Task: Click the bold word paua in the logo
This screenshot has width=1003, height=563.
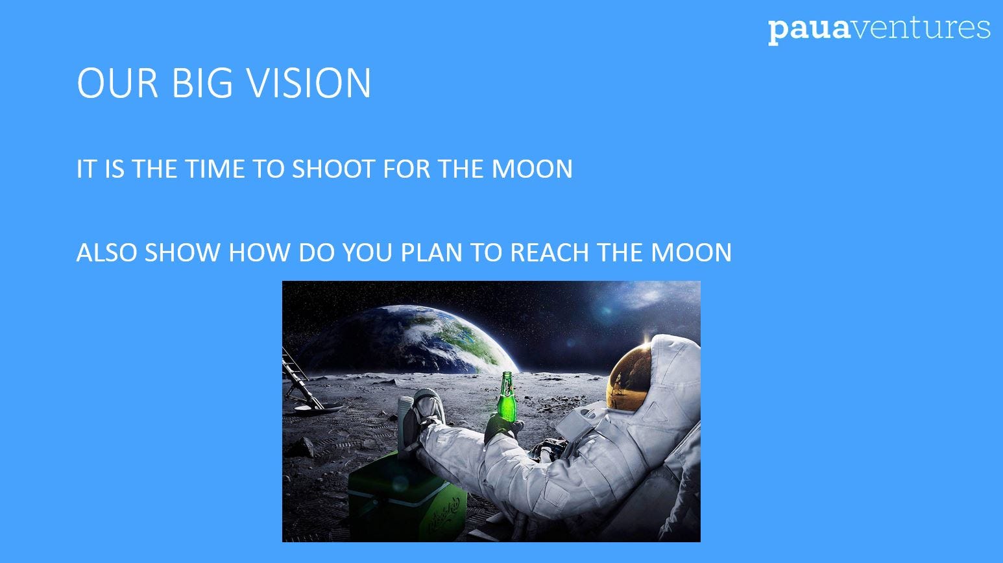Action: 808,31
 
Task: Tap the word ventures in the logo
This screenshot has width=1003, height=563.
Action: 920,28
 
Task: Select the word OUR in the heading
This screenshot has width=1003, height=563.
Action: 118,83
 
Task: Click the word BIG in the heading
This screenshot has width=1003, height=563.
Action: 202,83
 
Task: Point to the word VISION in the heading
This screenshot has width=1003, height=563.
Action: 309,83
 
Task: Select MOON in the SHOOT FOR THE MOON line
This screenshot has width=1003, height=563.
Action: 532,169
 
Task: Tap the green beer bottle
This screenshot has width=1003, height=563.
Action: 507,396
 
